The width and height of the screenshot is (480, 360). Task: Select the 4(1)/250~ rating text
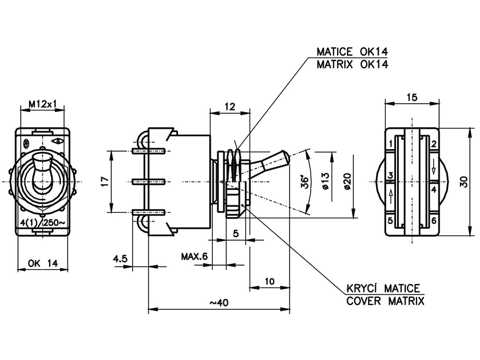pyautogui.click(x=43, y=223)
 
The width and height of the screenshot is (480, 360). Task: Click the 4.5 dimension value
pyautogui.click(x=120, y=258)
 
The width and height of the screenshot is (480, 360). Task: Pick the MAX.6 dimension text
pyautogui.click(x=194, y=256)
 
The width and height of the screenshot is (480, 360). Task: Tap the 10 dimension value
pyautogui.click(x=269, y=281)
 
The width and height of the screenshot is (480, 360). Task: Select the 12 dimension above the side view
pyautogui.click(x=230, y=107)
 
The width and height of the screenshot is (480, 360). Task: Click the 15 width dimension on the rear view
pyautogui.click(x=412, y=97)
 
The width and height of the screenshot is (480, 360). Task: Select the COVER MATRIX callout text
pyautogui.click(x=385, y=301)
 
